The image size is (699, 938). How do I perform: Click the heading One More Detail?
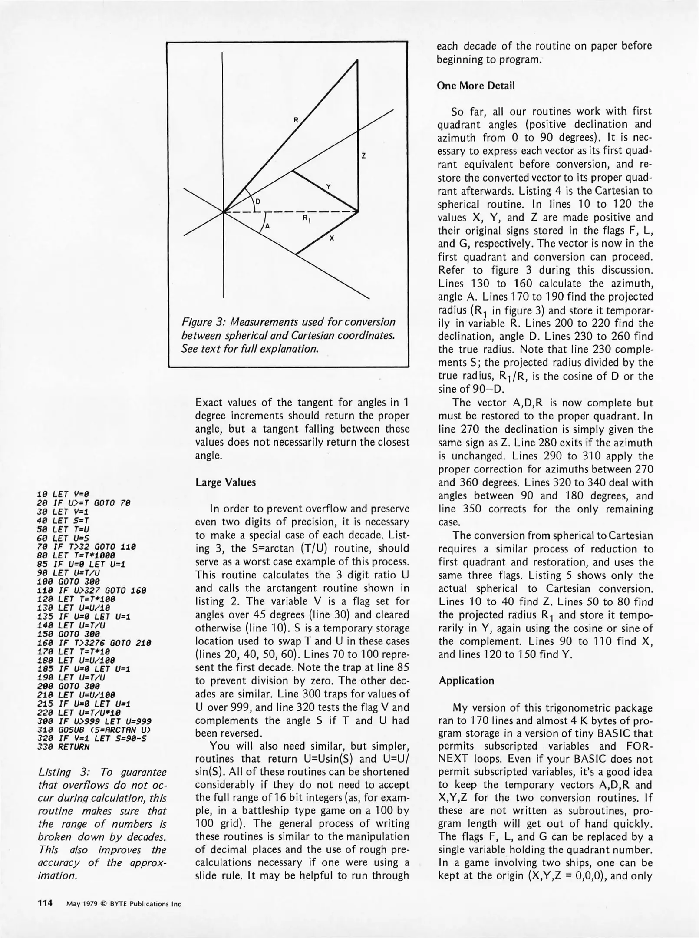point(475,86)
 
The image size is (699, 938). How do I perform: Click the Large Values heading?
point(225,482)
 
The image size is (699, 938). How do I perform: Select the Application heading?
point(466,680)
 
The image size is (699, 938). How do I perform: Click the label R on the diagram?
point(296,120)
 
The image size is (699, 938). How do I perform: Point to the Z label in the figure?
point(363,156)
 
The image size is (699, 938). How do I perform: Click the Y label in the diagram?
point(329,187)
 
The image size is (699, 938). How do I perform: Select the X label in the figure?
point(332,238)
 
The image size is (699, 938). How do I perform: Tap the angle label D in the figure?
point(257,201)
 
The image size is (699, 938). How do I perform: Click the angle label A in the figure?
point(267,226)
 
